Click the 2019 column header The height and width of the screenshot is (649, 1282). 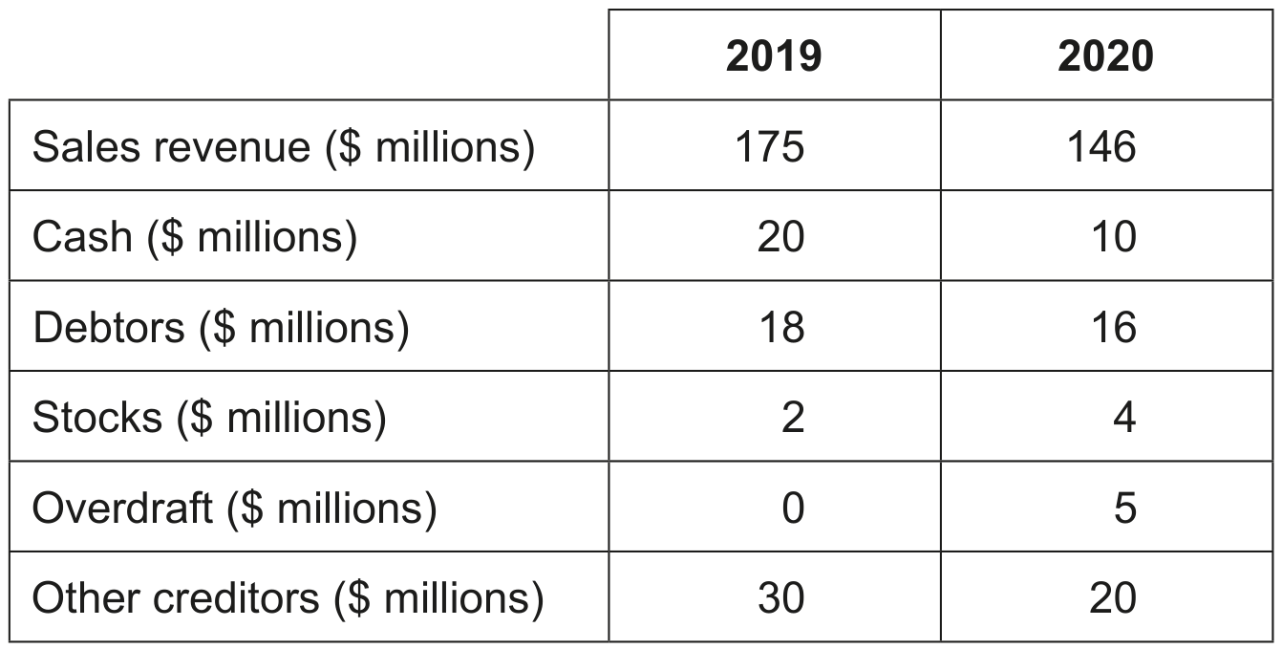coord(774,56)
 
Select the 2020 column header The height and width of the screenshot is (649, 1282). coord(1105,56)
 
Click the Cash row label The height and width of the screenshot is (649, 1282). coord(195,238)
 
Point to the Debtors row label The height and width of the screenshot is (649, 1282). coord(221,328)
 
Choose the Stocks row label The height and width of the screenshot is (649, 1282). coord(209,418)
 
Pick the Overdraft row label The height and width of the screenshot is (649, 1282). coord(235,508)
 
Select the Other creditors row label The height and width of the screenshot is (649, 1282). coord(288,598)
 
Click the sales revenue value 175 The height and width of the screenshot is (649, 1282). coord(770,147)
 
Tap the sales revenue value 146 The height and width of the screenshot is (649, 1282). coord(1101,147)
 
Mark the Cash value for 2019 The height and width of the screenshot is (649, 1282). coord(780,237)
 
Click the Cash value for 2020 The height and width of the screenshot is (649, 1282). coord(1114,237)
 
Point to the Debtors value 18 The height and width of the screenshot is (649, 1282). coord(781,328)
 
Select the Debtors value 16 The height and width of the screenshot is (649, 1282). coord(1114,328)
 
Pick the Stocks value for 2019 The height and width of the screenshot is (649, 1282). coord(793,418)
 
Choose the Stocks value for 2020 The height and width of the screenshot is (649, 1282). coord(1124,418)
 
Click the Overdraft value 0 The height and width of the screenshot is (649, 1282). coord(793,508)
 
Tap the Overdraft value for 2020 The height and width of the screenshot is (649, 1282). coord(1125,508)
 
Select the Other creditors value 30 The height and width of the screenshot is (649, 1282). coord(781,598)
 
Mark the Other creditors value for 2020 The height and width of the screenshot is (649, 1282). coord(1113,598)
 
